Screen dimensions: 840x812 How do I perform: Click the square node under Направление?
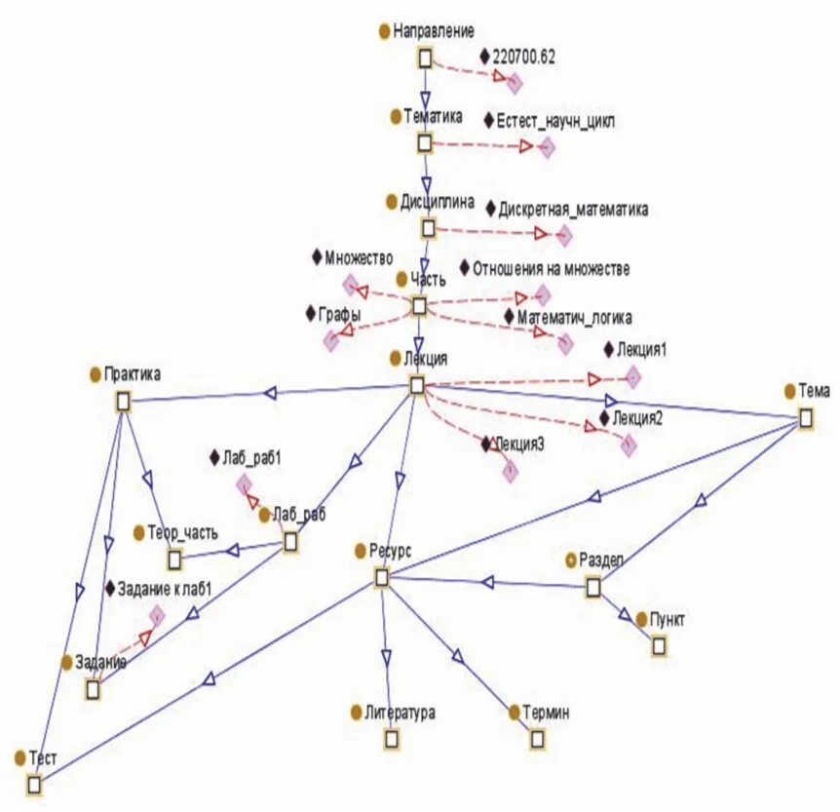click(425, 58)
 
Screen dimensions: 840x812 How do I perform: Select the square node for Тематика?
click(424, 143)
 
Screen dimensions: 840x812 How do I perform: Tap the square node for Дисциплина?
click(428, 228)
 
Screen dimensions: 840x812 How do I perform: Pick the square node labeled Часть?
click(419, 306)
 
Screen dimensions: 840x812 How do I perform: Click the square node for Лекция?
click(417, 386)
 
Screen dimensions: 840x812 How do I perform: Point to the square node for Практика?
click(123, 401)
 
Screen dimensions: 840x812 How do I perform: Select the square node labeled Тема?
click(806, 418)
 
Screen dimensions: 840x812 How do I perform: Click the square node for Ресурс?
click(382, 578)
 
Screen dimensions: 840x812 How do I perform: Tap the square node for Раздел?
click(592, 587)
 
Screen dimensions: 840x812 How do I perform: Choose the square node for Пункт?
click(660, 645)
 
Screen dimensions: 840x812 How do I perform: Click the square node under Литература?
click(391, 739)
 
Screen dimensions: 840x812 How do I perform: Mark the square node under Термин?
click(538, 739)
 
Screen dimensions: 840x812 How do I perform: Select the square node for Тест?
click(35, 785)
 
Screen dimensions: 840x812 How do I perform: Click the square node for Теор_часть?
click(174, 559)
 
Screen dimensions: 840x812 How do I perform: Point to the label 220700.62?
click(524, 58)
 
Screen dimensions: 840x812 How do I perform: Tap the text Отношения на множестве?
click(551, 268)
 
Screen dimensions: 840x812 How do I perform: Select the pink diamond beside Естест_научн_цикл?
click(547, 147)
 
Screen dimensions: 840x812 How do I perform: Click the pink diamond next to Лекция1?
click(631, 376)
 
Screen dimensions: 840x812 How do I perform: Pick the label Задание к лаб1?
click(164, 589)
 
